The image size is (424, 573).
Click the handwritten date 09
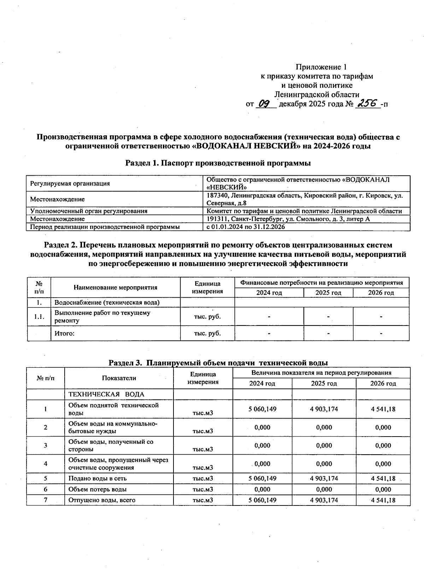265,104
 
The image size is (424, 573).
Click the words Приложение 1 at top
321,67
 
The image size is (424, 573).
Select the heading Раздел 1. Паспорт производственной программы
218,163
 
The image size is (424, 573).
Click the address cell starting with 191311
288,219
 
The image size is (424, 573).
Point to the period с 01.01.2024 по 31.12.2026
246,227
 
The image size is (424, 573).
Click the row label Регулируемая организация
70,183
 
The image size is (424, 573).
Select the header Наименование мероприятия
116,287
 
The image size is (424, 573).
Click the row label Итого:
64,333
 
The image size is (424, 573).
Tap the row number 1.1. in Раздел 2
39,317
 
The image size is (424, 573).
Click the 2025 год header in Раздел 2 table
328,293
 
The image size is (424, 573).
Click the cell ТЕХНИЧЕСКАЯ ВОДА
106,394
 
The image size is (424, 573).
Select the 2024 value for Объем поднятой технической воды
262,409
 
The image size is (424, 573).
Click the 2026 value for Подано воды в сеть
383,478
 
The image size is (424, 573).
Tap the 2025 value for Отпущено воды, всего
324,500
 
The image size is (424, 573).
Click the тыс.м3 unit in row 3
203,449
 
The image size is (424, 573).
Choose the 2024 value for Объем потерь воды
262,489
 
